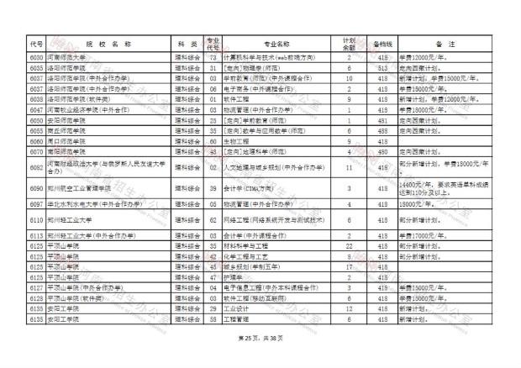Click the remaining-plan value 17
(x=348, y=267)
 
